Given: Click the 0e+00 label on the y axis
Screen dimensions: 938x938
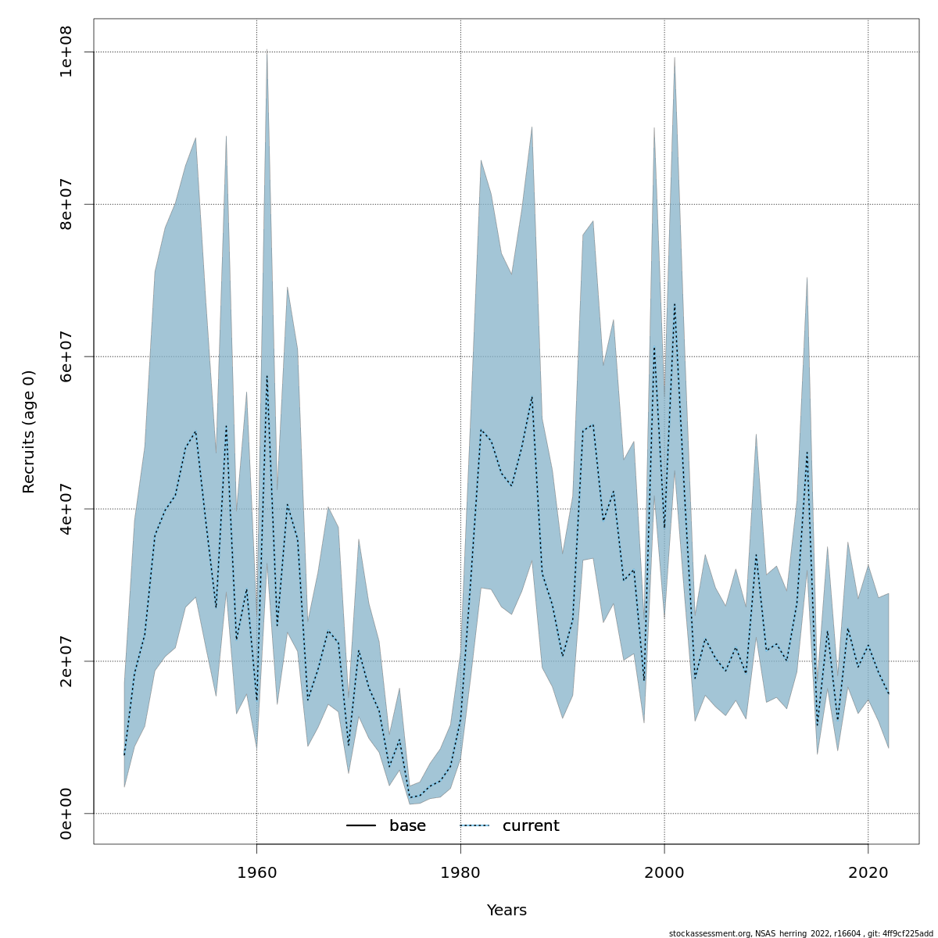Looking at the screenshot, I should (66, 813).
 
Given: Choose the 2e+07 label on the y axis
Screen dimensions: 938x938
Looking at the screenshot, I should (66, 661).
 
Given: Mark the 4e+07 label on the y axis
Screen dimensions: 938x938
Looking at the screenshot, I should (66, 508).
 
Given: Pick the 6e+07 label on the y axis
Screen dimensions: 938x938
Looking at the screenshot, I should (66, 356).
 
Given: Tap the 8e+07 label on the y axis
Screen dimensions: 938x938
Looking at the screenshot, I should (66, 203).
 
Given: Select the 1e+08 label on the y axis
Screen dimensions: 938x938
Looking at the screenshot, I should (66, 52).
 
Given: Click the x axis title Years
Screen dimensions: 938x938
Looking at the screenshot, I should (507, 911).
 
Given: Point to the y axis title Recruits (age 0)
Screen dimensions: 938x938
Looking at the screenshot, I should (29, 431).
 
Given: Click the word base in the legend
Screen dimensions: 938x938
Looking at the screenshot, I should (407, 826).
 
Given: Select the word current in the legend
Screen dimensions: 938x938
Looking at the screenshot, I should (531, 826).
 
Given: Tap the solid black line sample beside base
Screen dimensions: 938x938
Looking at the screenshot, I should (361, 826).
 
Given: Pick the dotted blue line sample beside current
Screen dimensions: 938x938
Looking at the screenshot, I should (474, 826).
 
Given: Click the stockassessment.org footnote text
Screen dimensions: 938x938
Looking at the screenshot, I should (800, 933).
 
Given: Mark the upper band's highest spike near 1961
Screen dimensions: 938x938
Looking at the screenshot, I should (267, 52).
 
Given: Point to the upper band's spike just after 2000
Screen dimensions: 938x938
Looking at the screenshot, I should (675, 59).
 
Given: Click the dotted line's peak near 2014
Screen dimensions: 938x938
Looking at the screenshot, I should (807, 453).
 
